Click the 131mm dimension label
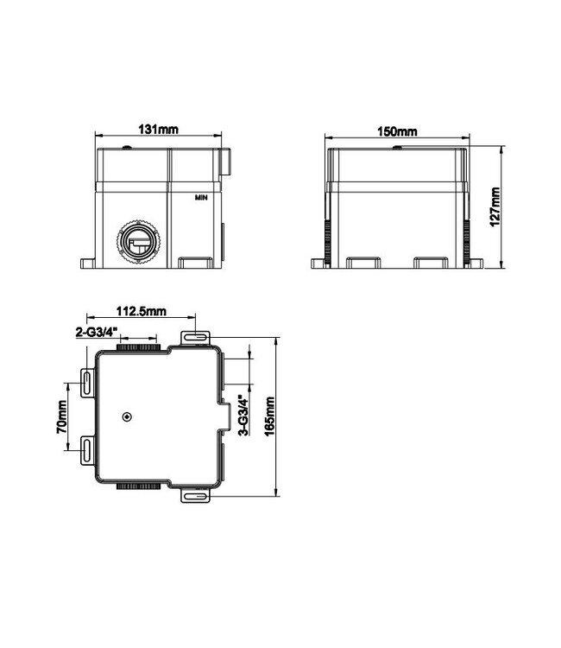(x=159, y=130)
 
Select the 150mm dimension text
(x=397, y=130)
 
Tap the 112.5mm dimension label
(x=142, y=313)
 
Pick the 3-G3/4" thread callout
(x=244, y=416)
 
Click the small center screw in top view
(x=127, y=417)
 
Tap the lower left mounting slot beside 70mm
(x=88, y=449)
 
